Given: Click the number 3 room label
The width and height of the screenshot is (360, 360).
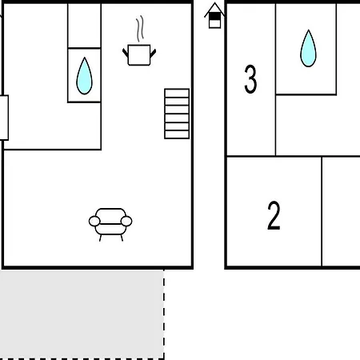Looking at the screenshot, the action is tap(250, 79).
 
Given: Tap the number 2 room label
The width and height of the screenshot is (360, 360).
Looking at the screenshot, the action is tap(274, 215).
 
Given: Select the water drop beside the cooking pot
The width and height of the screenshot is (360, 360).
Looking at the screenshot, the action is tap(84, 76).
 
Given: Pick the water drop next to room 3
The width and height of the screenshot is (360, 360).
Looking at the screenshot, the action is tap(308, 48).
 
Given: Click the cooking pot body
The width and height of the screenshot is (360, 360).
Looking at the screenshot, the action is tap(139, 55).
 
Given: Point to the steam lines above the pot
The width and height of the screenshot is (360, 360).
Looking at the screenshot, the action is tap(140, 29).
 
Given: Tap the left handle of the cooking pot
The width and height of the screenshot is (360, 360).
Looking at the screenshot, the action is tap(126, 53).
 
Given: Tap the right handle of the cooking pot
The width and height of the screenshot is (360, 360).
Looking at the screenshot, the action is tap(153, 53).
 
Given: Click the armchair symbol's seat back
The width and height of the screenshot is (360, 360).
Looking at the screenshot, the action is tap(110, 215).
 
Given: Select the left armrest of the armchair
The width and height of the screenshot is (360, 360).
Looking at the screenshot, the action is tap(94, 222).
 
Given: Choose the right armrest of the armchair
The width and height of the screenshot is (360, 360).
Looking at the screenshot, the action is tap(126, 222).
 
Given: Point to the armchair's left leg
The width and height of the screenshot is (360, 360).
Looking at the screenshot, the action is tap(101, 238).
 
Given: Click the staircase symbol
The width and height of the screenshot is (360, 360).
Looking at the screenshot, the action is tap(177, 114).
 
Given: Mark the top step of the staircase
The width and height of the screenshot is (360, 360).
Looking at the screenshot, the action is tap(177, 94).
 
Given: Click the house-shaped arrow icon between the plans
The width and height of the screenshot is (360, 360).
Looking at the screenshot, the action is tap(214, 15).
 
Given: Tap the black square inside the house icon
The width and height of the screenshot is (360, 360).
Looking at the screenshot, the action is tap(214, 17).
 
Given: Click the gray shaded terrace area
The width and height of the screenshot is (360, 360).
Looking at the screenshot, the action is tap(82, 314).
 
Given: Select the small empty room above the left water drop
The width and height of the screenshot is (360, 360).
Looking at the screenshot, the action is tap(84, 26).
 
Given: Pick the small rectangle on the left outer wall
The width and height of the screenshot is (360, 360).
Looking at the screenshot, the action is tap(4, 118).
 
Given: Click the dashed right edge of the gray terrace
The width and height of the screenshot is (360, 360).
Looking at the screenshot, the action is tap(164, 314).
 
